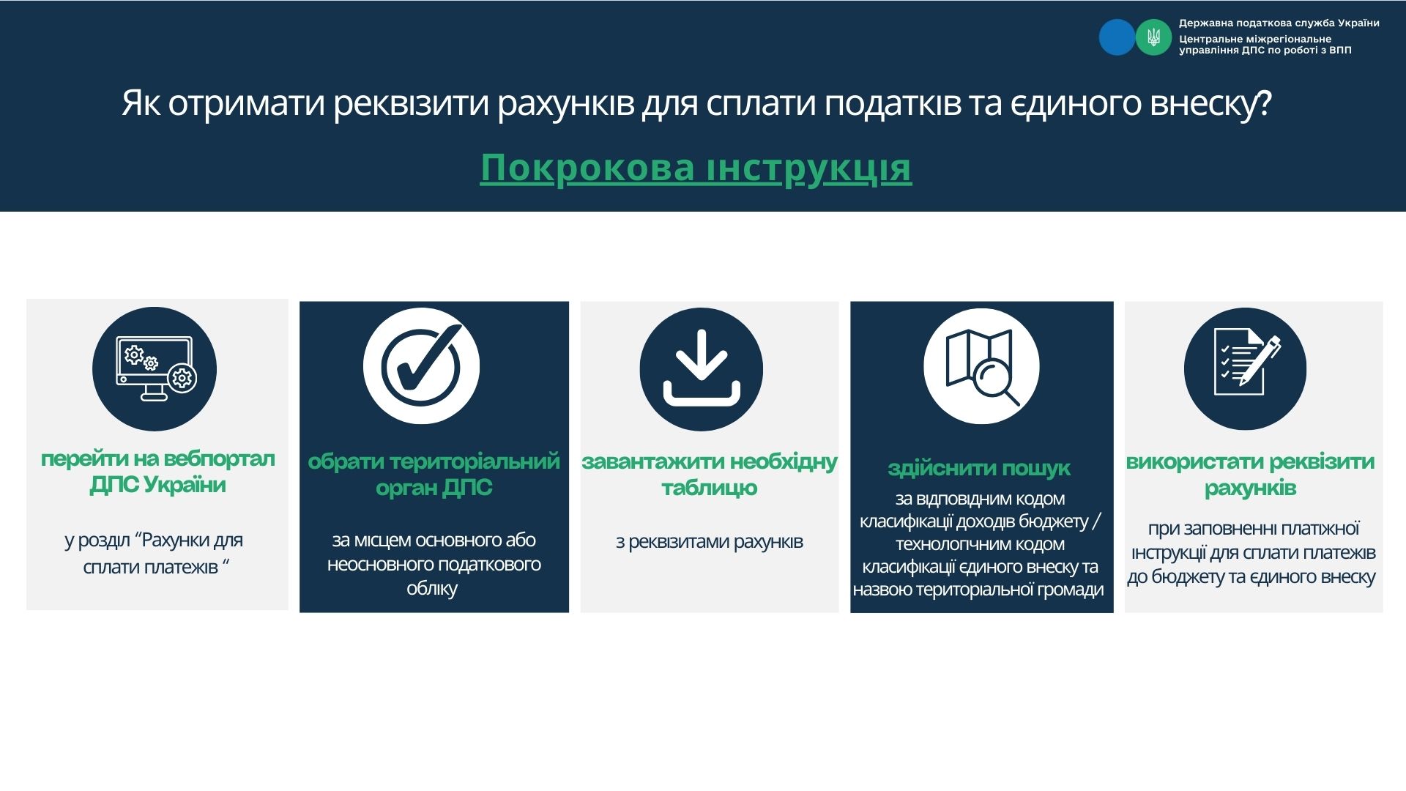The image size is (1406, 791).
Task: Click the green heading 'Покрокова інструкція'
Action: click(696, 168)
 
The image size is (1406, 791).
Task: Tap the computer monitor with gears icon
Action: click(155, 368)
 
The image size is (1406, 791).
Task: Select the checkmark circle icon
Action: click(421, 366)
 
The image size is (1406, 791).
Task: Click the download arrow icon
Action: click(702, 368)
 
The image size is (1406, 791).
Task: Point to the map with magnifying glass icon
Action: click(981, 366)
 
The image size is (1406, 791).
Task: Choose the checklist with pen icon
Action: click(1245, 368)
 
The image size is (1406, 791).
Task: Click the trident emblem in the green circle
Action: click(1153, 37)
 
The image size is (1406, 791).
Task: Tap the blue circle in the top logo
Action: click(1117, 37)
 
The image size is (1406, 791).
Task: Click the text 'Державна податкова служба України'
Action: click(1279, 23)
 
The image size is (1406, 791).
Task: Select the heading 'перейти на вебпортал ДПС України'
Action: click(157, 472)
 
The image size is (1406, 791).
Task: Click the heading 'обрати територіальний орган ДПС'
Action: click(434, 474)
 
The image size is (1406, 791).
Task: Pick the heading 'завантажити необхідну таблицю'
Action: click(709, 474)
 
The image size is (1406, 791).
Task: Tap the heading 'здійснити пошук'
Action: click(979, 468)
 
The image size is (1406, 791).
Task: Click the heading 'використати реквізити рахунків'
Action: click(1250, 474)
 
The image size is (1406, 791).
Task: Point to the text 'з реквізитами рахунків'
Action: click(709, 542)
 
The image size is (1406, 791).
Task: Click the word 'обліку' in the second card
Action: click(432, 589)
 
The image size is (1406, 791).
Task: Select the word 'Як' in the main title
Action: click(141, 103)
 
